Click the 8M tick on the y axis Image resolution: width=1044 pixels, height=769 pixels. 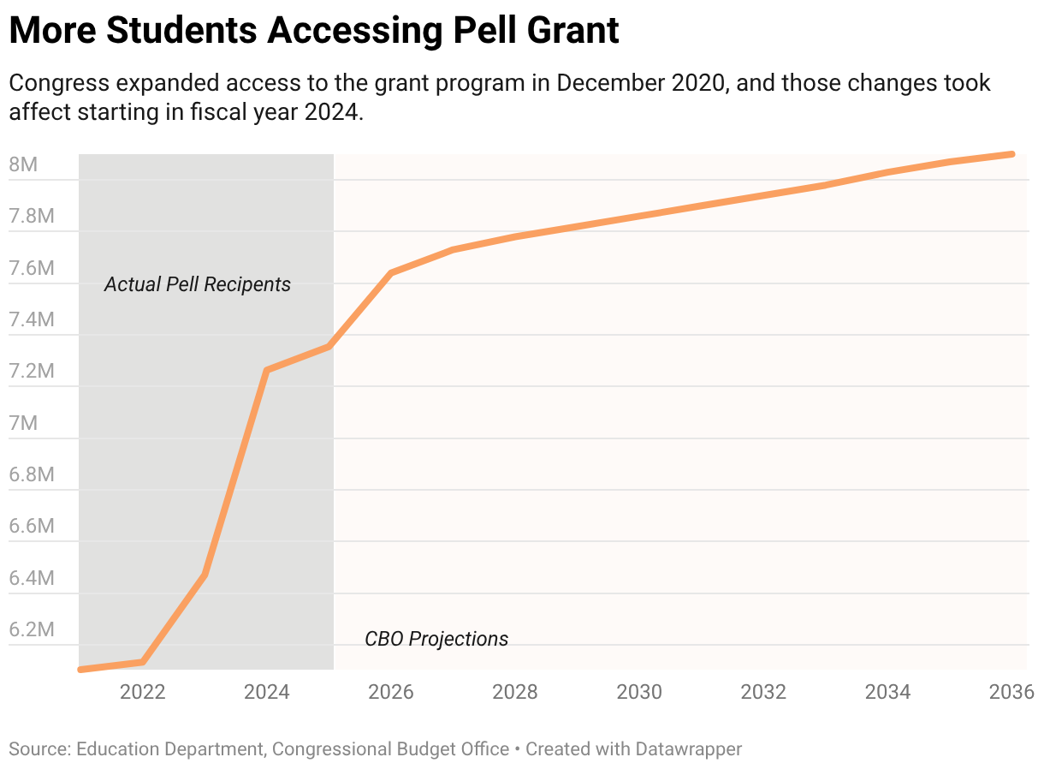tap(23, 164)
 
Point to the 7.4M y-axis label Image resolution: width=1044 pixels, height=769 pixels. tap(32, 319)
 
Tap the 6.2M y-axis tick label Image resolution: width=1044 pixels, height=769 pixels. tap(32, 629)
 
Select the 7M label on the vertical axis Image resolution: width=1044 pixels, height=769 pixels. tap(23, 423)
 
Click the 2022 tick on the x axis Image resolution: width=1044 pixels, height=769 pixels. tap(142, 692)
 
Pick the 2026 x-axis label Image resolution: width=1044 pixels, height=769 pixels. tap(391, 692)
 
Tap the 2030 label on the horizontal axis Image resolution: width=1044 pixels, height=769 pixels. tap(639, 692)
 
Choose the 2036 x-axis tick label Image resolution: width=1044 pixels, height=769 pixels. tap(1011, 692)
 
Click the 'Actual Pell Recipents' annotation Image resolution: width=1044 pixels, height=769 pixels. tap(198, 284)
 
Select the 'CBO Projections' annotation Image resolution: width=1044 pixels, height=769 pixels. tap(436, 639)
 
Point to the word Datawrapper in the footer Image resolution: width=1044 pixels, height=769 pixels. tap(688, 749)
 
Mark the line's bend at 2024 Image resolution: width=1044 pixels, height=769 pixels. tap(267, 370)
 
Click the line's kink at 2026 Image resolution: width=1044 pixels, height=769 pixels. tap(391, 273)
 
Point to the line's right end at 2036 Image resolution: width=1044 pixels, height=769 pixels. tap(1012, 154)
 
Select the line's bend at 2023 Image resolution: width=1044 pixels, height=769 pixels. tap(205, 574)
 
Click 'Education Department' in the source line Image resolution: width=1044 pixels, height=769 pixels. tap(169, 749)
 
